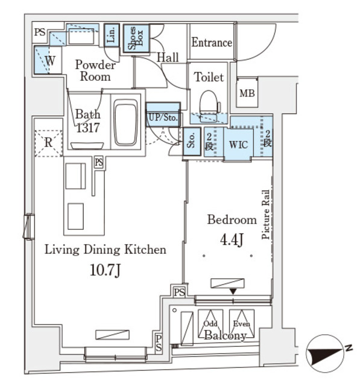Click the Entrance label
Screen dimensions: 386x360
[212, 43]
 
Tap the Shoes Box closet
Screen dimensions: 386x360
[134, 40]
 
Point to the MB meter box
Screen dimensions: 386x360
[247, 93]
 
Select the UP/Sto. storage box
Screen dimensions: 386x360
[162, 116]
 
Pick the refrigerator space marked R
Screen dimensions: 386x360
[48, 142]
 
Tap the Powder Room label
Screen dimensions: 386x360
[95, 71]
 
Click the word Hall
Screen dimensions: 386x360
[168, 58]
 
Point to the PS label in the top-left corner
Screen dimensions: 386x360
[40, 33]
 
